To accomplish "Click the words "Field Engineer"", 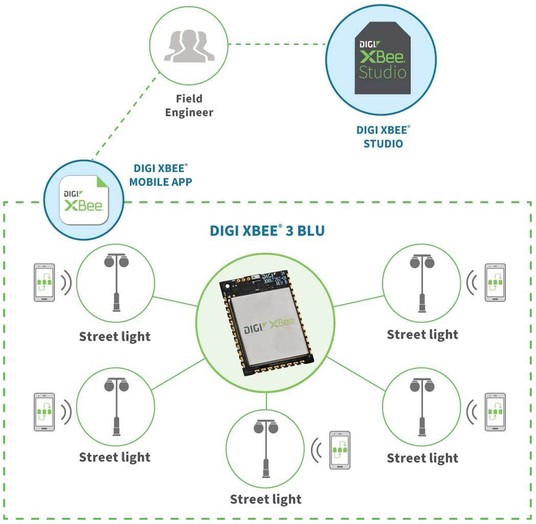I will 189,106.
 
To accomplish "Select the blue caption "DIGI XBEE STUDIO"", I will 383,137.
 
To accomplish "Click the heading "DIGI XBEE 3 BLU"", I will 266,231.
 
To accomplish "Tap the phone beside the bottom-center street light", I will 339,449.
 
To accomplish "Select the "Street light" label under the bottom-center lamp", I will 266,499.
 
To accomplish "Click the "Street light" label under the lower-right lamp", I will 422,458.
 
